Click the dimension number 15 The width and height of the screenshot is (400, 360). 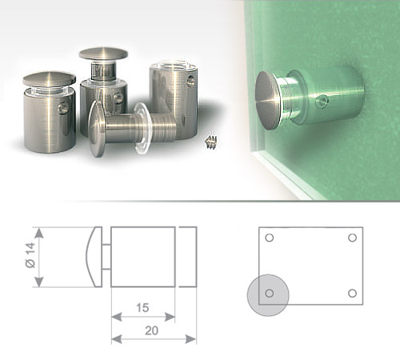pyautogui.click(x=142, y=308)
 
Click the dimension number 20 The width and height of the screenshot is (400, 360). pyautogui.click(x=151, y=330)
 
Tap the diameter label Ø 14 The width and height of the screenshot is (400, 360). pyautogui.click(x=30, y=255)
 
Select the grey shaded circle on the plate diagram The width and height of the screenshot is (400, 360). pyautogui.click(x=268, y=295)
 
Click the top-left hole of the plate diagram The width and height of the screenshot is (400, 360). pyautogui.click(x=270, y=238)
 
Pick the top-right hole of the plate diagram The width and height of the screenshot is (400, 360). pyautogui.click(x=353, y=238)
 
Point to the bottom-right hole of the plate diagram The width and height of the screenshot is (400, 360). pyautogui.click(x=353, y=294)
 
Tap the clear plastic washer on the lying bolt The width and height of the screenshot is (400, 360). pyautogui.click(x=143, y=129)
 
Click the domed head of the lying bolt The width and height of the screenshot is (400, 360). pyautogui.click(x=97, y=129)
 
